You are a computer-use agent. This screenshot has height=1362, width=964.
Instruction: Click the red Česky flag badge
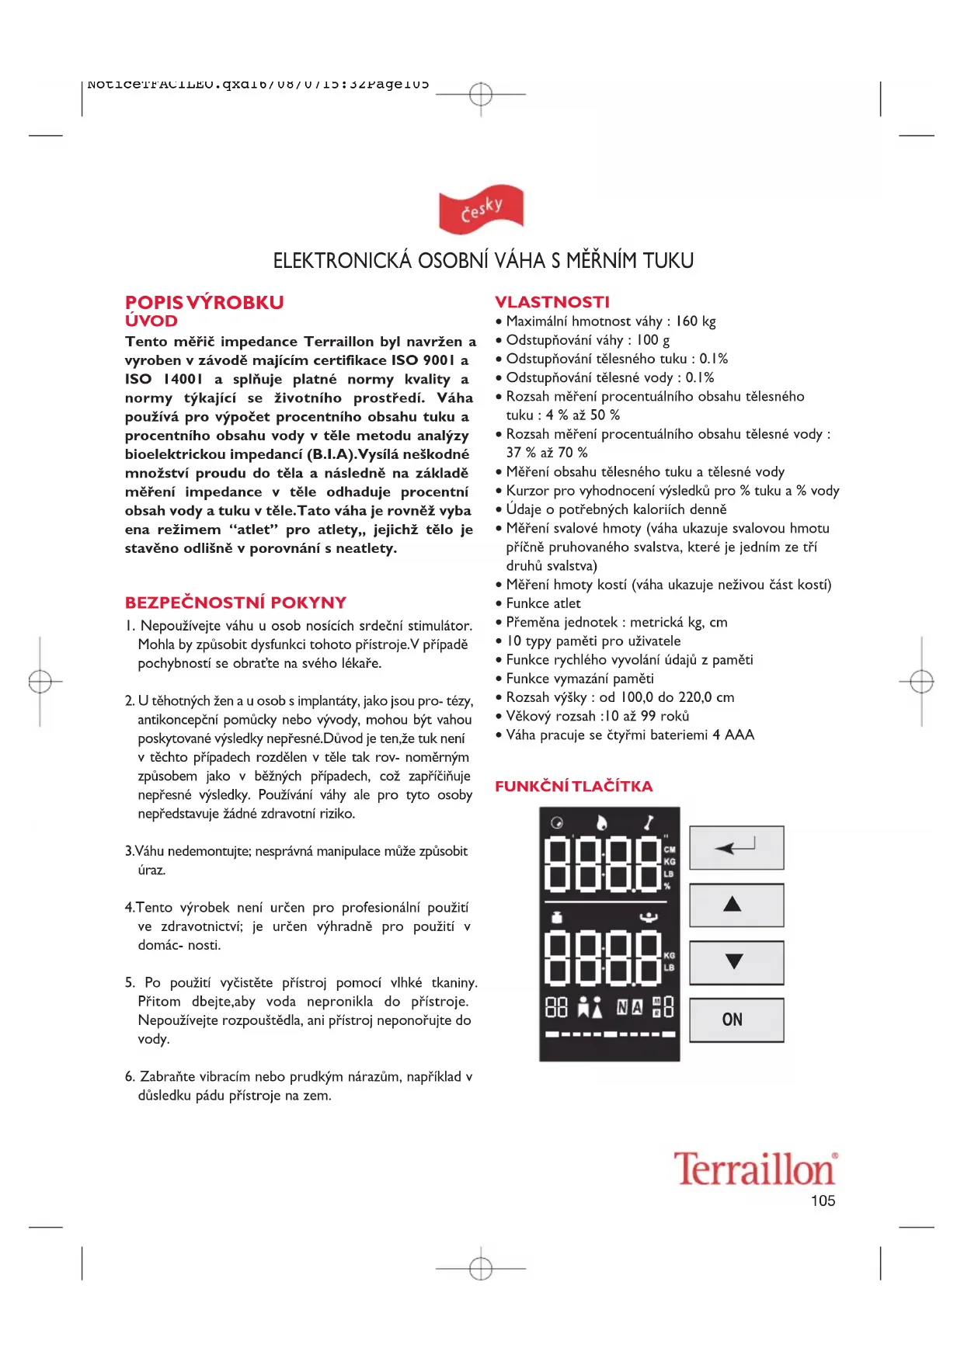click(x=481, y=209)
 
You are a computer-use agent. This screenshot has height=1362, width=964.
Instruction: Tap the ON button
click(x=736, y=1020)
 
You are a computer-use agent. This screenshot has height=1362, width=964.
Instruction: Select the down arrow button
click(x=736, y=962)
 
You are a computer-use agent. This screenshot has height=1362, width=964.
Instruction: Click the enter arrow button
click(x=736, y=847)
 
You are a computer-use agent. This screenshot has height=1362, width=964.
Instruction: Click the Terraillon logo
click(x=754, y=1169)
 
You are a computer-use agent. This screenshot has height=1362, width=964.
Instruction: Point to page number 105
click(x=823, y=1200)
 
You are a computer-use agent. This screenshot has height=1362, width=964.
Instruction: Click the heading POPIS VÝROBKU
click(x=204, y=302)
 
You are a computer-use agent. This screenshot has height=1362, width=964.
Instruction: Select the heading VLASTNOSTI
click(x=552, y=302)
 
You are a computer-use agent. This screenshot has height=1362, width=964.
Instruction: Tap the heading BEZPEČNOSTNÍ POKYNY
click(x=235, y=603)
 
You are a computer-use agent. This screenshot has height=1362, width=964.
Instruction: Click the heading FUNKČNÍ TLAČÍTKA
click(x=573, y=786)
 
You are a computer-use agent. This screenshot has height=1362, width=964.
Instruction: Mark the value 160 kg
click(x=695, y=321)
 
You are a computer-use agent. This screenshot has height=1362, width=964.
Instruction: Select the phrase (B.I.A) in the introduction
click(x=332, y=454)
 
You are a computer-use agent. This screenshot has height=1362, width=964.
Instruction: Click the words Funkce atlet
click(x=543, y=603)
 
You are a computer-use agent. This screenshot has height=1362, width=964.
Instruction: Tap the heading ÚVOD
click(x=151, y=321)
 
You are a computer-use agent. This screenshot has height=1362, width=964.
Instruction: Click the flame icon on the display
click(x=602, y=823)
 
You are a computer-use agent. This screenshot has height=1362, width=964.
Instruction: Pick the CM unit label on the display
click(x=670, y=850)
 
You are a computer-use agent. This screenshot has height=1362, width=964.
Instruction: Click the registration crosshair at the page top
click(x=481, y=95)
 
